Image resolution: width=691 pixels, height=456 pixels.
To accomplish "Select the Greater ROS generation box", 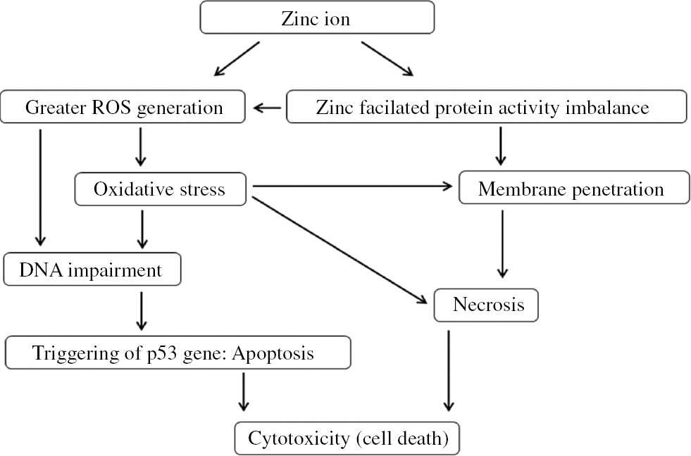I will (x=124, y=108).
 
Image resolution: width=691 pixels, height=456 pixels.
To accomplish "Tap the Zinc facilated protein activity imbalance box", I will (x=485, y=108).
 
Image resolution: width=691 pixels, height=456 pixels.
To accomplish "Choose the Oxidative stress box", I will (x=159, y=189).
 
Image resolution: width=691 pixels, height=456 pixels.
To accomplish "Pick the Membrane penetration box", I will (x=571, y=189).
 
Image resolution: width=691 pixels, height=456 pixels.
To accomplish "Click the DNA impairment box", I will (x=92, y=270).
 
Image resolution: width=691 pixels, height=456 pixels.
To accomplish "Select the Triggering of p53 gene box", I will (x=177, y=353).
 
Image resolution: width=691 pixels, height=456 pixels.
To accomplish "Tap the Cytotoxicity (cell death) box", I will (x=348, y=438).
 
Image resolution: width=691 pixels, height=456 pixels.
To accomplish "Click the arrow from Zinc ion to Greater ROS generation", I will (x=238, y=58).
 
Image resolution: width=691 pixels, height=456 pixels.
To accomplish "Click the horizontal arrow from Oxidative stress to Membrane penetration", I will (x=351, y=186).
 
